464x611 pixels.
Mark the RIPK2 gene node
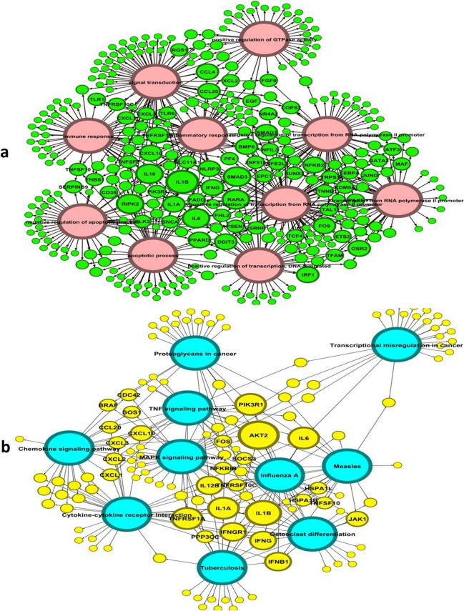130,204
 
